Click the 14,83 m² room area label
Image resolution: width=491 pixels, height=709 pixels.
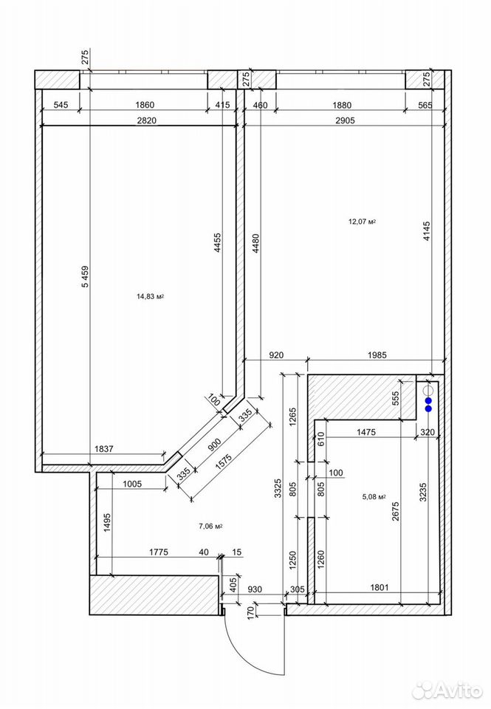[150, 297]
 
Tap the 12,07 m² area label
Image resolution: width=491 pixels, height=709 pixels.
[362, 222]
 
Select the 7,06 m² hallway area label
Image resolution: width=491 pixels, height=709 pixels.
[210, 526]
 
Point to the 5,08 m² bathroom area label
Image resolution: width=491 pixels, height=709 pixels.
[374, 496]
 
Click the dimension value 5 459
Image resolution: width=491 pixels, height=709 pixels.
[86, 275]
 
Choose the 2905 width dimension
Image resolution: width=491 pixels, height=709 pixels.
[345, 120]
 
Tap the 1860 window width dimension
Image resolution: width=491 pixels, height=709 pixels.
[145, 105]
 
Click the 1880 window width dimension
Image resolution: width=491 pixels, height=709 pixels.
[342, 105]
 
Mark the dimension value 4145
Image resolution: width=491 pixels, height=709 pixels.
[427, 230]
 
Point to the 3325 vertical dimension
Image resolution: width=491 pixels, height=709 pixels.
[278, 488]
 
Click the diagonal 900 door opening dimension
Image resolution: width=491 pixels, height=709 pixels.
[214, 445]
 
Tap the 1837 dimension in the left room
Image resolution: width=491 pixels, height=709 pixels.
[104, 449]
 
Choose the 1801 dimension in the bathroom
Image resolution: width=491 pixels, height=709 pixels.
[380, 587]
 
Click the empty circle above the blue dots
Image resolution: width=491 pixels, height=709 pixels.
[428, 390]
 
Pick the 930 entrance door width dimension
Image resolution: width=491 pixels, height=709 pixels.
[255, 589]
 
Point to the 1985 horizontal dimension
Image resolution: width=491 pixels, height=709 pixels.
[377, 355]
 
